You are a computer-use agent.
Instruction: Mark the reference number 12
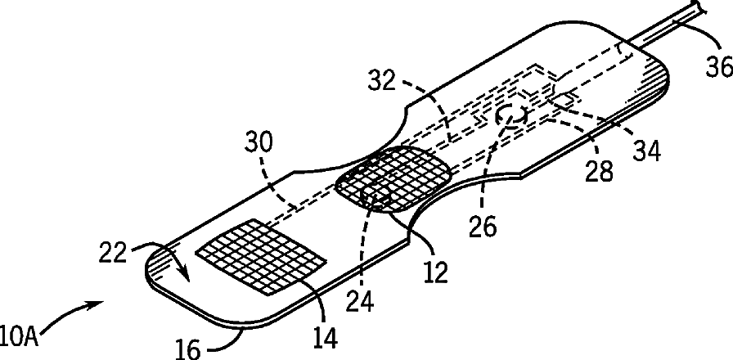pos(436,270)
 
